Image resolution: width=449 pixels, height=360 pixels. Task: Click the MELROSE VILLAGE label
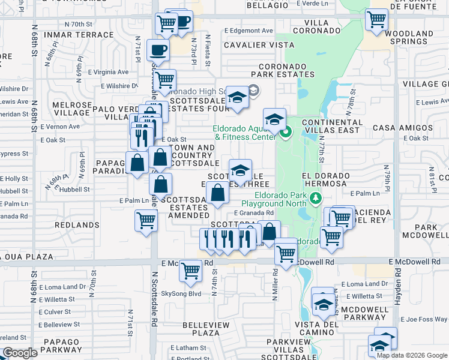tap(71, 109)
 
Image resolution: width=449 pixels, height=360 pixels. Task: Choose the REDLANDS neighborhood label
tap(77, 225)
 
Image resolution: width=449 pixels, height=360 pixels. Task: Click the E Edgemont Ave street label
tap(249, 31)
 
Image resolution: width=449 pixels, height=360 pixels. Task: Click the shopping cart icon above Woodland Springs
tap(376, 19)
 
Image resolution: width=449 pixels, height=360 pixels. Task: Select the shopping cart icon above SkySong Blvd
tap(190, 271)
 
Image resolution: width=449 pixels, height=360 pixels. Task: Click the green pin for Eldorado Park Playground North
tap(314, 197)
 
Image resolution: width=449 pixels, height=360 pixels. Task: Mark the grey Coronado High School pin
tap(253, 91)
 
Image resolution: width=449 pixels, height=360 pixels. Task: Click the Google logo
tap(20, 353)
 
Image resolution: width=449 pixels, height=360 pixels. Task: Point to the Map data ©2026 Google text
tap(412, 355)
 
